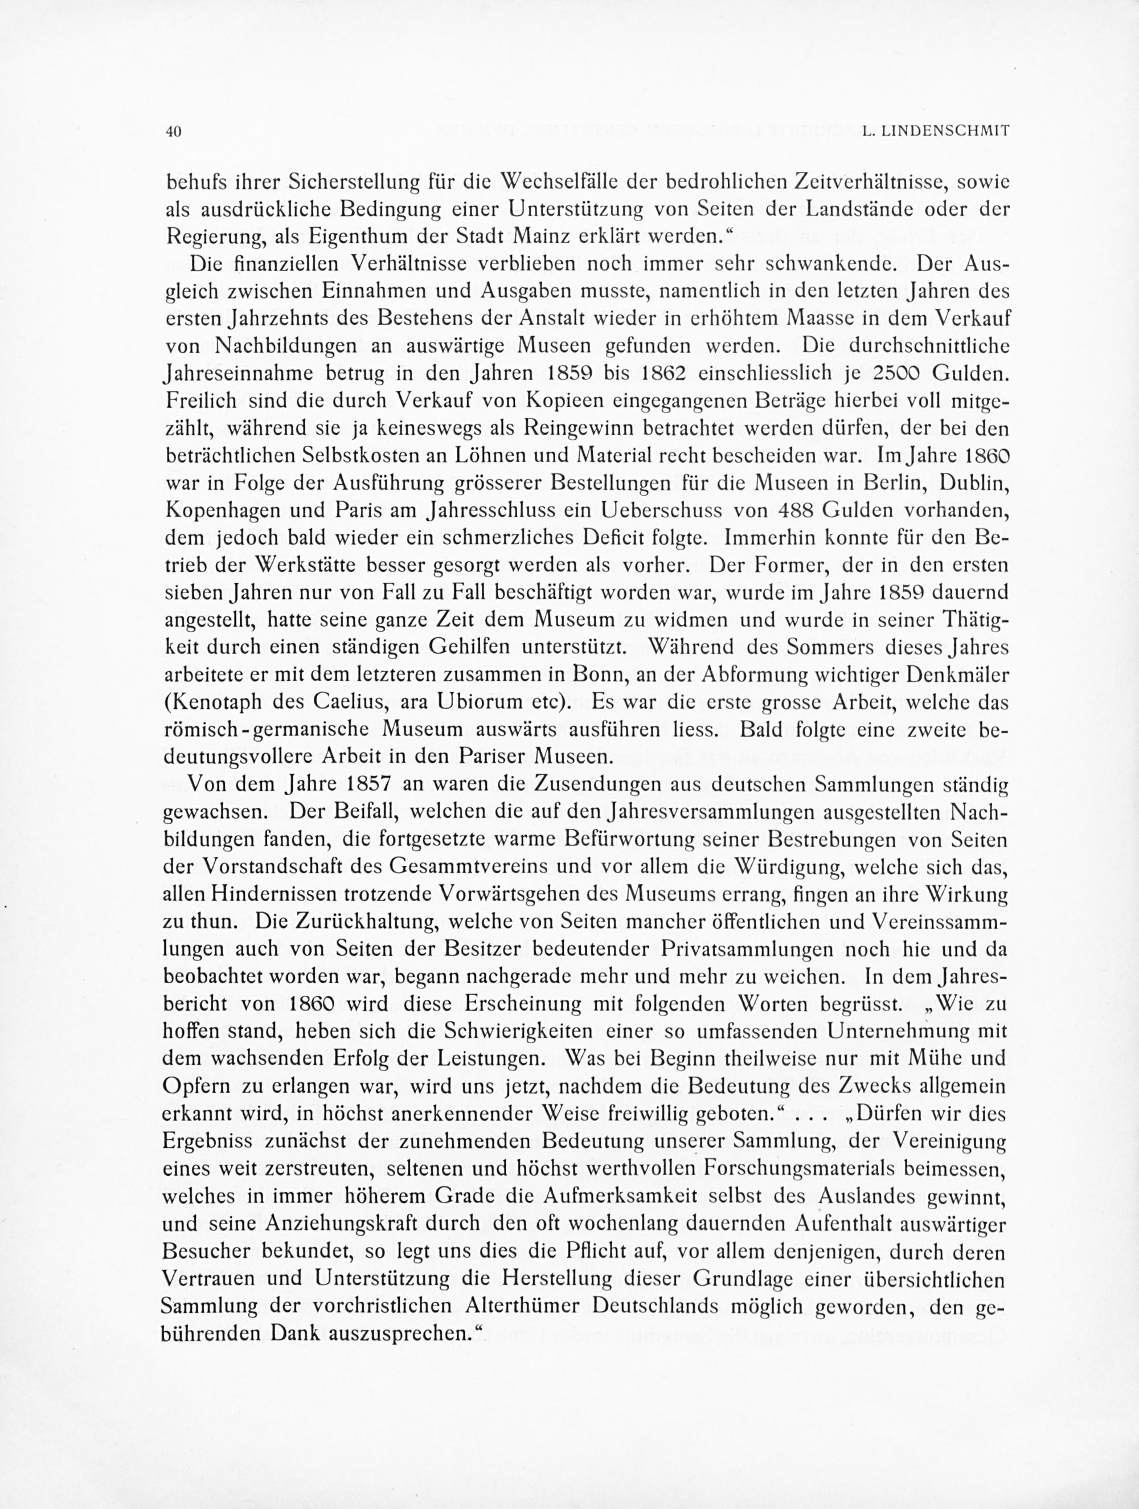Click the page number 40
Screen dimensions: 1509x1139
pyautogui.click(x=173, y=132)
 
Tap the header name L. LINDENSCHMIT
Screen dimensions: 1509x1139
pyautogui.click(x=935, y=132)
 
